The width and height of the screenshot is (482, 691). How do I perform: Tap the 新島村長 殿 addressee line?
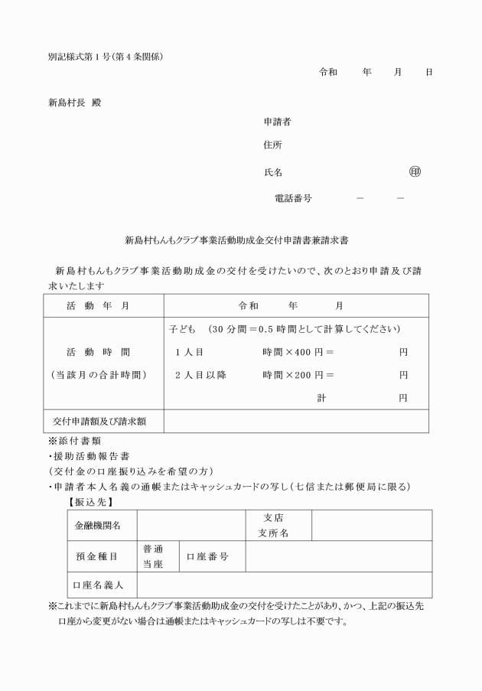pyautogui.click(x=74, y=103)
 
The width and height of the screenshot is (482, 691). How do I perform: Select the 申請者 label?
pyautogui.click(x=276, y=122)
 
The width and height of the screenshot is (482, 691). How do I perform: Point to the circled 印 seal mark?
pyautogui.click(x=415, y=171)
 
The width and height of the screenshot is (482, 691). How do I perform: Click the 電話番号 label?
pyautogui.click(x=293, y=197)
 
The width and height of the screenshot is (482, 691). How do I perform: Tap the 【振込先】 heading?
pyautogui.click(x=91, y=502)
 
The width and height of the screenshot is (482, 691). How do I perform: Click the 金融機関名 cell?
pyautogui.click(x=97, y=526)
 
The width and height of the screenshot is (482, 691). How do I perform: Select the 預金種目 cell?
pyautogui.click(x=97, y=556)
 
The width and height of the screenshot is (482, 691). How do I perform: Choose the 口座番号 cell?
pyautogui.click(x=207, y=556)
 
